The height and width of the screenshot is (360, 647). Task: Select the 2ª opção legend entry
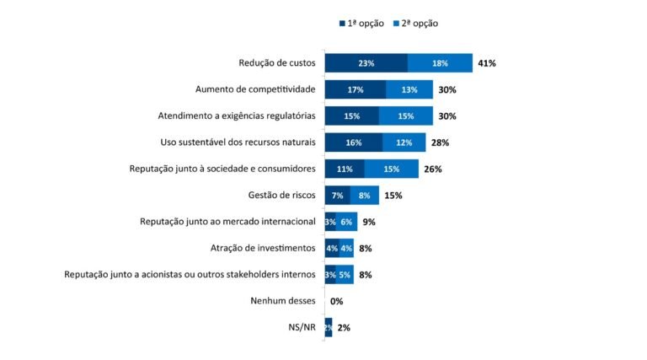[414, 24]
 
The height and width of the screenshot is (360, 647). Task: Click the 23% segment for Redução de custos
[366, 63]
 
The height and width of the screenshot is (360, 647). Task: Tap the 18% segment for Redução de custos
[440, 63]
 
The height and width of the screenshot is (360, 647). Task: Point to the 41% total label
[486, 63]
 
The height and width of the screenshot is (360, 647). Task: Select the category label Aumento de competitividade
[255, 89]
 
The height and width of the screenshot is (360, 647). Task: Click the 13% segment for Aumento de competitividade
[409, 89]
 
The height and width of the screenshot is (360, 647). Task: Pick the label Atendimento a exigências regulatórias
[237, 116]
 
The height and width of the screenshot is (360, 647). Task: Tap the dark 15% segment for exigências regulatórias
[351, 116]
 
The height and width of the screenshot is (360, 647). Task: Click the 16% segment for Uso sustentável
[353, 142]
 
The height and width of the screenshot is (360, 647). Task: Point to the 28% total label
[441, 142]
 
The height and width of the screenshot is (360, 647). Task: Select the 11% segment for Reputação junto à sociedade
[345, 169]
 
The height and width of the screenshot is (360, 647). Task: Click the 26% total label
[433, 169]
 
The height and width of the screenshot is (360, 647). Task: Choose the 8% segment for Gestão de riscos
[364, 196]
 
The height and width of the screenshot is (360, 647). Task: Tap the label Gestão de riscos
[281, 196]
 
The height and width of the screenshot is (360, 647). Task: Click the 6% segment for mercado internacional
[346, 222]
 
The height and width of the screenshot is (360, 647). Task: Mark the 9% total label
[368, 222]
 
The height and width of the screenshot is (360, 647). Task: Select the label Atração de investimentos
[263, 248]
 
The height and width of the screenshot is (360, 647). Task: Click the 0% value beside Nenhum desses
[336, 301]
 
